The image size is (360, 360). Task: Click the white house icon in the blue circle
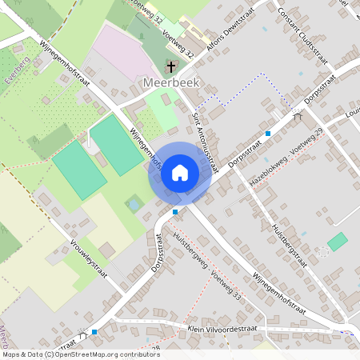pos(180,172)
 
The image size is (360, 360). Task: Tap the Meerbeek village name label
pos(170,82)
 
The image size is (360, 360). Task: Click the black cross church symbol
pos(170,66)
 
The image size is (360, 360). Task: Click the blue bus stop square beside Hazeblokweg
pos(268,133)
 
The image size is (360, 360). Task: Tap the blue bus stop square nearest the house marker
pos(175,212)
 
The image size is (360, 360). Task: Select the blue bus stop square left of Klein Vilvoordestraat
pos(94,331)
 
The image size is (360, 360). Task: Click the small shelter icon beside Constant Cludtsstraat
pos(298,115)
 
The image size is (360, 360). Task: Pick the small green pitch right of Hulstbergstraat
pos(338,241)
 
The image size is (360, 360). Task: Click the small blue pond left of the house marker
pos(133,205)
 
